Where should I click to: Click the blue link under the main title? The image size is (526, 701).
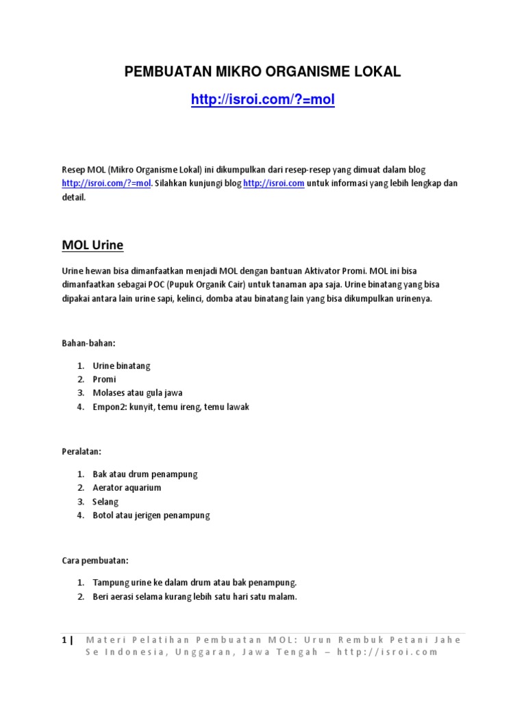[x=263, y=100]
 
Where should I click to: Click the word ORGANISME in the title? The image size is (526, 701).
[x=285, y=72]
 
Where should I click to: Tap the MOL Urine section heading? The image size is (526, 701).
[x=92, y=245]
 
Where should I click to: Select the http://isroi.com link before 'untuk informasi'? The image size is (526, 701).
[x=273, y=183]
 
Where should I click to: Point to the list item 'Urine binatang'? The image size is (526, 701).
[x=121, y=366]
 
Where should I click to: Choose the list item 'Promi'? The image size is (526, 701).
[x=104, y=379]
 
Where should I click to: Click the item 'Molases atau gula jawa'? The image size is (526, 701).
[x=137, y=393]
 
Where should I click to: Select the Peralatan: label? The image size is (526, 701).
[x=82, y=452]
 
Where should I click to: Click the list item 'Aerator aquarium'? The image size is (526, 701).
[x=127, y=488]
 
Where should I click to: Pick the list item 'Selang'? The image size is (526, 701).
[x=105, y=502]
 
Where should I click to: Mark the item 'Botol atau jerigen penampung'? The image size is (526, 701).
[x=151, y=515]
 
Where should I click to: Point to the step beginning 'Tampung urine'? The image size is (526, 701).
[x=195, y=583]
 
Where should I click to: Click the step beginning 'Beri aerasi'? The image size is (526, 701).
[x=195, y=596]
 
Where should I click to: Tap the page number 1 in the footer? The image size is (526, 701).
[x=64, y=640]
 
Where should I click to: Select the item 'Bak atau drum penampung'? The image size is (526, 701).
[x=145, y=474]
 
